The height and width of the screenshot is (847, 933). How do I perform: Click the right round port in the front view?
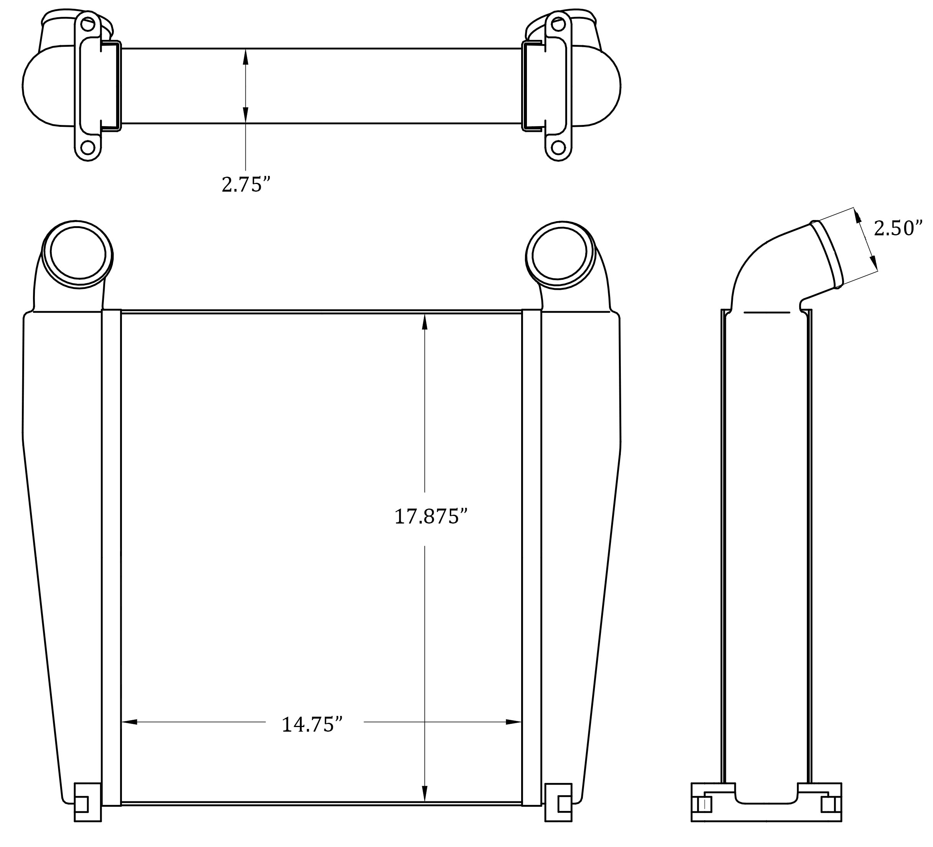559,255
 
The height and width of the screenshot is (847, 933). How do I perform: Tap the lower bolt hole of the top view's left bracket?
87,148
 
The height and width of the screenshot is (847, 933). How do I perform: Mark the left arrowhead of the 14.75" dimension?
129,722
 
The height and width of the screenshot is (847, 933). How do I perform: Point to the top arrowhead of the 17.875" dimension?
425,322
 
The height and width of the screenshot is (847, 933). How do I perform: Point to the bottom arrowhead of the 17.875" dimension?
425,793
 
